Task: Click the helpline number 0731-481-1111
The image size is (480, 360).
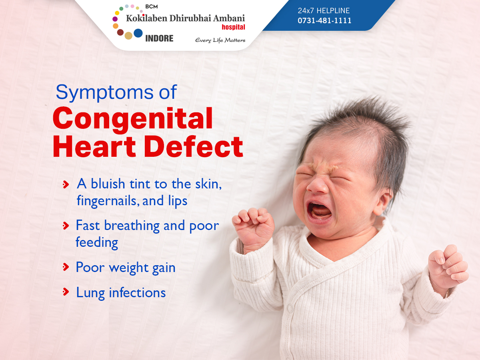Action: click(324, 20)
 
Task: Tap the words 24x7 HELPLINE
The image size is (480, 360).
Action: click(324, 10)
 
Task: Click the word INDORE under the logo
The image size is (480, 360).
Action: click(159, 38)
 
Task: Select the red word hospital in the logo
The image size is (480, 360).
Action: click(233, 27)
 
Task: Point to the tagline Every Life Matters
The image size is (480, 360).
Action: click(220, 40)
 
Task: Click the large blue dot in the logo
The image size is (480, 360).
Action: click(138, 33)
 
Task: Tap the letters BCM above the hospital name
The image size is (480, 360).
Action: click(151, 6)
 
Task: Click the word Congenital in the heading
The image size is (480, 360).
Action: click(133, 119)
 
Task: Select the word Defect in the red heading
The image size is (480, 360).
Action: click(193, 146)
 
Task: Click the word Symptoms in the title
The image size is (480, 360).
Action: click(104, 93)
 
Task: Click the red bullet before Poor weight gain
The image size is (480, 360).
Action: click(66, 267)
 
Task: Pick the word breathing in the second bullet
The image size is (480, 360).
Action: click(132, 226)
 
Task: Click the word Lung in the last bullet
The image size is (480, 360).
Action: click(90, 293)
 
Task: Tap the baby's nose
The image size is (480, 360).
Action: click(318, 185)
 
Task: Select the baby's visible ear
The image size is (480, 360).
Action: click(383, 201)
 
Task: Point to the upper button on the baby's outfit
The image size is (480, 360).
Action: click(290, 309)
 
